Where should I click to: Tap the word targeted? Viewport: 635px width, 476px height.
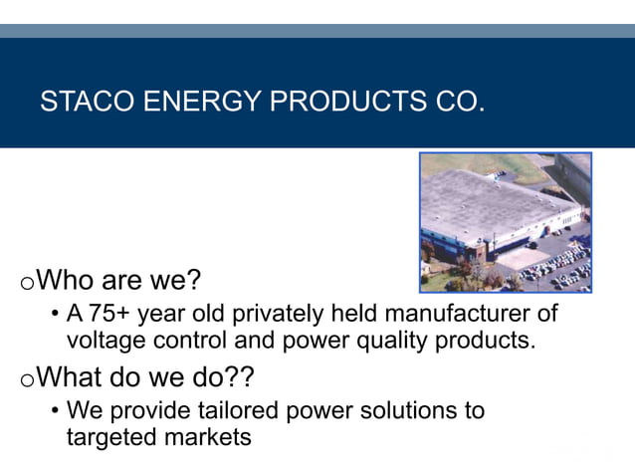(107, 436)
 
